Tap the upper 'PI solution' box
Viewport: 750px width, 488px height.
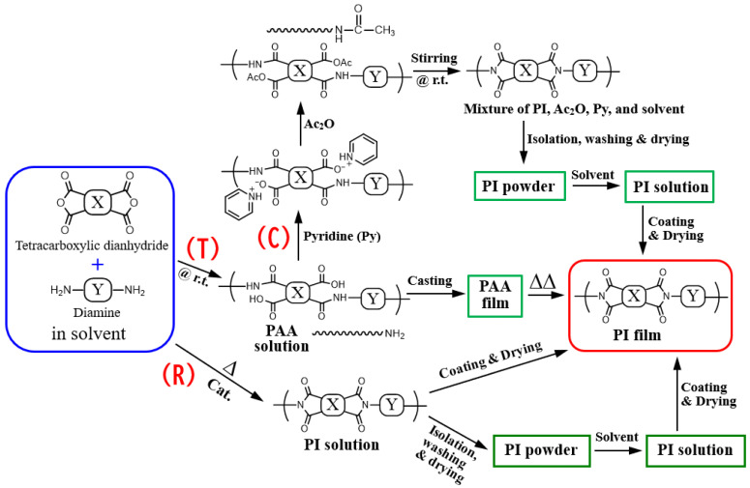tap(669, 186)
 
